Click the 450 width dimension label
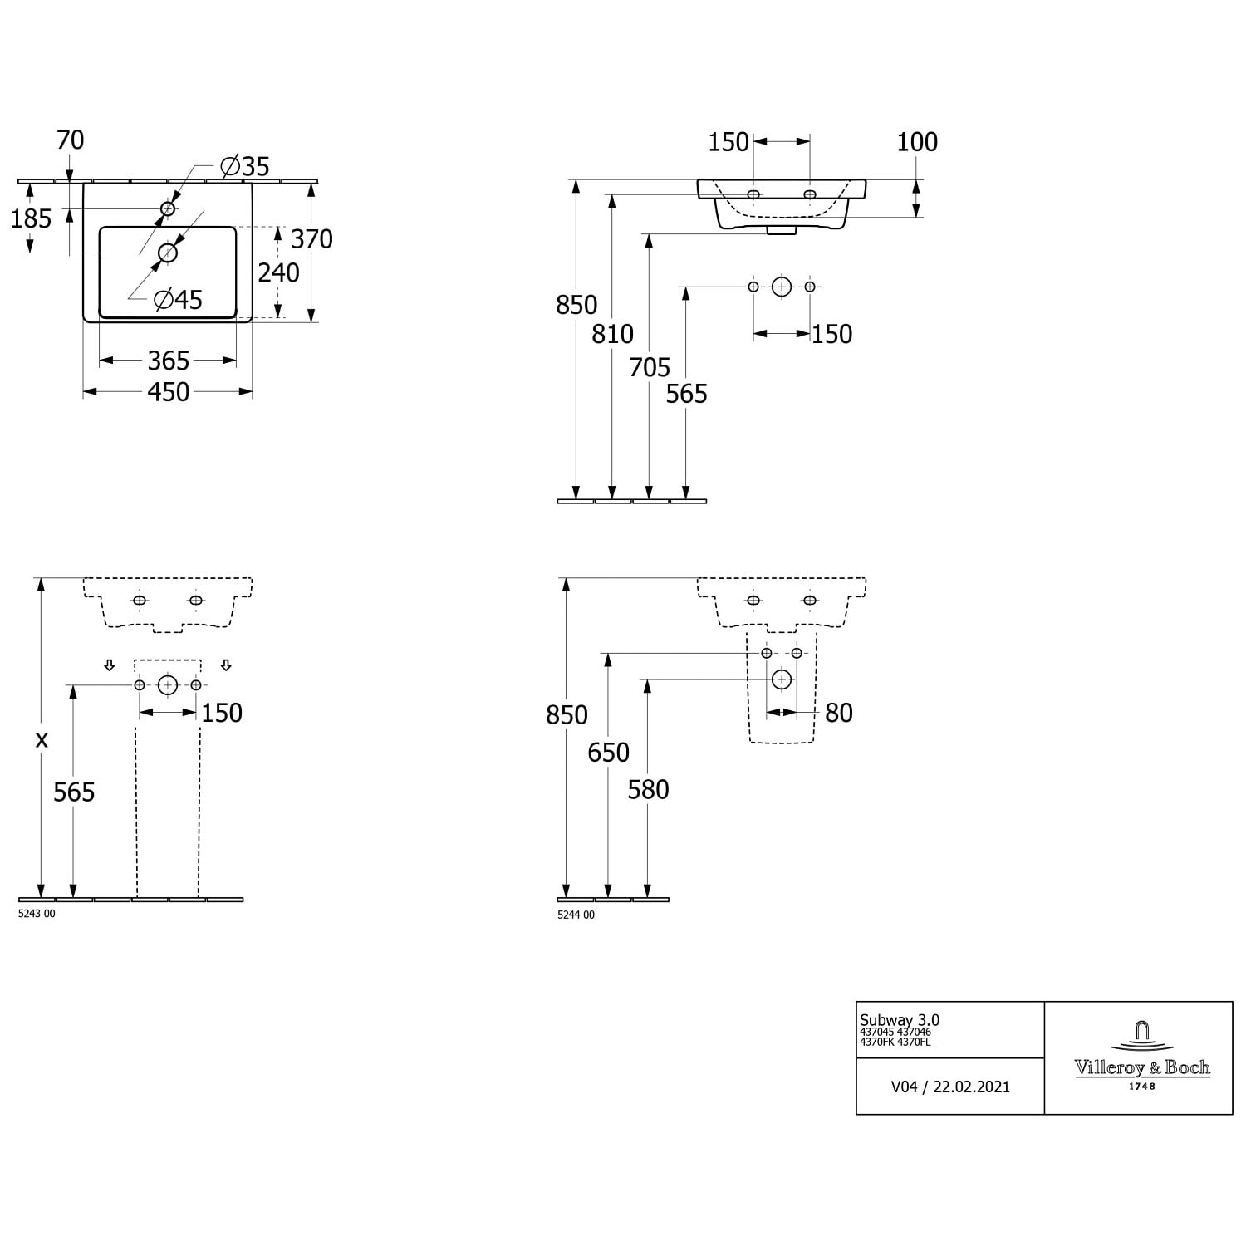coord(169,392)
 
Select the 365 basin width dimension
coord(169,361)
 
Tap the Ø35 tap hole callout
coord(245,166)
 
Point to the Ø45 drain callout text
coord(178,299)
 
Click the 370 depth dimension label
coord(311,239)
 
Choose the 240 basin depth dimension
coord(278,272)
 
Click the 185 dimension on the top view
coord(32,219)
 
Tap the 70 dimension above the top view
coord(71,140)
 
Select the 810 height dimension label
coord(613,334)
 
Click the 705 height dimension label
coord(650,367)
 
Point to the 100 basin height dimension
coord(917,142)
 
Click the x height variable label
coord(42,739)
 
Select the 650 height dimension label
coord(608,753)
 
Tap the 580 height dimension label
coord(648,789)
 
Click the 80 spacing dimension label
coord(839,713)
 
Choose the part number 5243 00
coord(37,914)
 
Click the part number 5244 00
coord(576,915)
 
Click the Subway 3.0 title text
coord(900,1020)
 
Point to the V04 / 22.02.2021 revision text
coord(950,1087)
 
